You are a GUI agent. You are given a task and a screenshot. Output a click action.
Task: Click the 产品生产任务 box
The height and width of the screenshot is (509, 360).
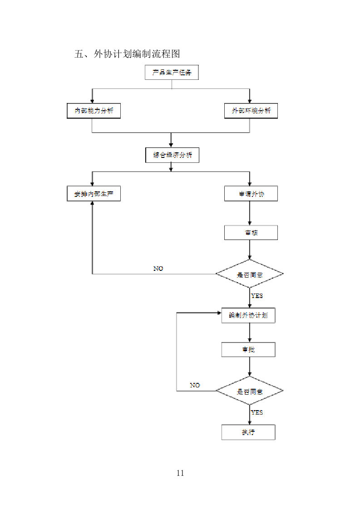[172, 73]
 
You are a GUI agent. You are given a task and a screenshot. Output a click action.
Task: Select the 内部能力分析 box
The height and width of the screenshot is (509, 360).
[94, 111]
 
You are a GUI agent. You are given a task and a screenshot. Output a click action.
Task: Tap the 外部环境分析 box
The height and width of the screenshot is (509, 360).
[251, 111]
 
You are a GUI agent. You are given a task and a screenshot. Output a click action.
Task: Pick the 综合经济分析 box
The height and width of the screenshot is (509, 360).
[172, 155]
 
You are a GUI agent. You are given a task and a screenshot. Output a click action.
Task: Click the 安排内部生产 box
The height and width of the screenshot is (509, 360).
[94, 194]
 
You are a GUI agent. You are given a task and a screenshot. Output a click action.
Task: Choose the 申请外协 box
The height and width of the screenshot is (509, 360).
[251, 194]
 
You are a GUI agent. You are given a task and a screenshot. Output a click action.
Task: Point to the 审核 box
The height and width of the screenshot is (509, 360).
[251, 233]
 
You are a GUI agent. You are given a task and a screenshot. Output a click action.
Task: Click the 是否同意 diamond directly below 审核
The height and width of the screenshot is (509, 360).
[249, 274]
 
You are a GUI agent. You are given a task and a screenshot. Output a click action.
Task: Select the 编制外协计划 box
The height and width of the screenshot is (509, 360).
[248, 315]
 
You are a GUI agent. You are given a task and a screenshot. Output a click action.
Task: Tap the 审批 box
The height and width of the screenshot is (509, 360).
[248, 350]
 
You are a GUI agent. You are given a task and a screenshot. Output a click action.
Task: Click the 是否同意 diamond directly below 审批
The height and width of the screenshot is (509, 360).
[249, 391]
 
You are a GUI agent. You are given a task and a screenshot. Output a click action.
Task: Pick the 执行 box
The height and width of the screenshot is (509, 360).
[248, 432]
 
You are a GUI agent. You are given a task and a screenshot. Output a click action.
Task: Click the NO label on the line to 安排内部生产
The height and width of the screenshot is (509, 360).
[158, 269]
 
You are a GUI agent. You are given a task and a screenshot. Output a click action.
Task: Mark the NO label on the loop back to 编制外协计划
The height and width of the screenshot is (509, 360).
[195, 385]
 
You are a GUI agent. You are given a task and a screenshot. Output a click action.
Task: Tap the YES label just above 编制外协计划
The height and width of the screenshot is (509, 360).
[257, 296]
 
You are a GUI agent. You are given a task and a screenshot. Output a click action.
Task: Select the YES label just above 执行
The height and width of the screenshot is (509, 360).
[257, 412]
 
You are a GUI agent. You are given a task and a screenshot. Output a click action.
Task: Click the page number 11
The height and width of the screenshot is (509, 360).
[180, 473]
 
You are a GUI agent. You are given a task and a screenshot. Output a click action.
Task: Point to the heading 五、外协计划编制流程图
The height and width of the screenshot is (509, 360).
[127, 54]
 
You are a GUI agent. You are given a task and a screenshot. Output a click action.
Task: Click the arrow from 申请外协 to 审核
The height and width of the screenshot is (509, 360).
[250, 213]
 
